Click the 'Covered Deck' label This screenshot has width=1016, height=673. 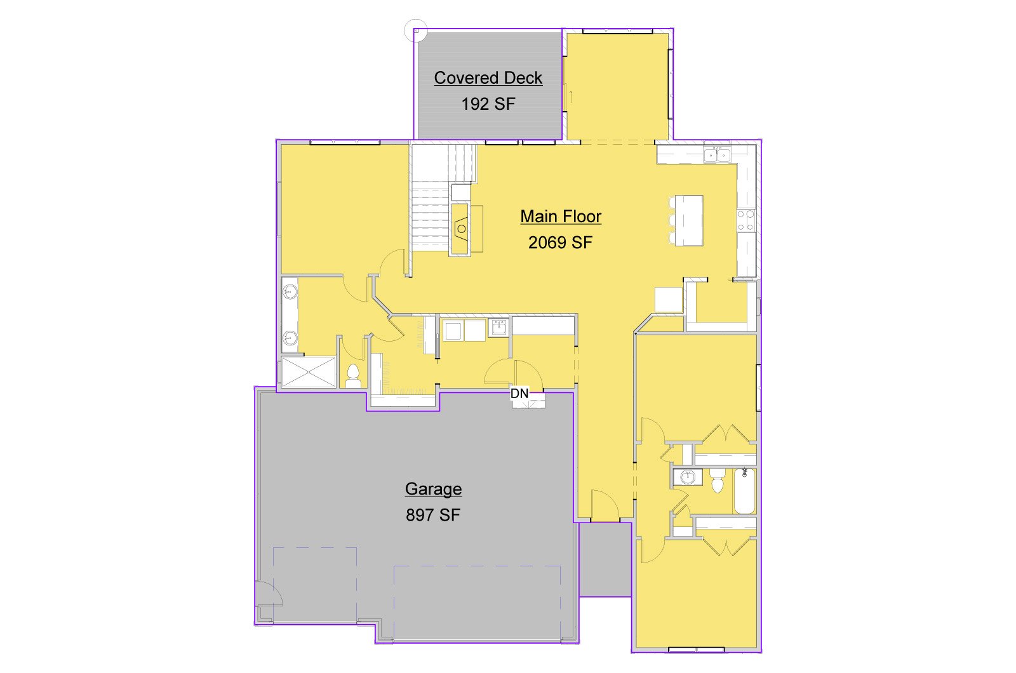[x=488, y=78]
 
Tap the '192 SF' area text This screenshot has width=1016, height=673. [x=488, y=104]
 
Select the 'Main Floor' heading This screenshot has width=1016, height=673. [x=561, y=217]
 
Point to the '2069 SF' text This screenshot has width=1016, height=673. [x=560, y=243]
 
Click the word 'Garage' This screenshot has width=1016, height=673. [x=433, y=489]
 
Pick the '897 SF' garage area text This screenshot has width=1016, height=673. [x=433, y=515]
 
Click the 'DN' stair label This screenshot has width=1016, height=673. [x=520, y=393]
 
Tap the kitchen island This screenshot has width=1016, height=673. [x=689, y=220]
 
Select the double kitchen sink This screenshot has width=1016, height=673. [x=717, y=155]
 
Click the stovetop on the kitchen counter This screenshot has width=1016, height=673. [x=746, y=220]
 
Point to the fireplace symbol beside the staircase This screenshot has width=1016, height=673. [x=461, y=229]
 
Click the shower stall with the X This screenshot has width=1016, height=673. [x=309, y=372]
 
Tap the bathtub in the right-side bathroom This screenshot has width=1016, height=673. [x=744, y=492]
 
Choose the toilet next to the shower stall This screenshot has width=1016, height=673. [x=353, y=375]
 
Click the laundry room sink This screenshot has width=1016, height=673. [x=499, y=328]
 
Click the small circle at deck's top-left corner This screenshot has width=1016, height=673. [x=415, y=30]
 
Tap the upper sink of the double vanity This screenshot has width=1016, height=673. [x=290, y=291]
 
